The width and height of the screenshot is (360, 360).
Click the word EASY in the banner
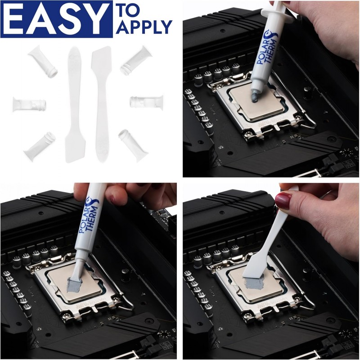[x=56, y=19]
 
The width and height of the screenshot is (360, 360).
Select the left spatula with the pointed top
[x=74, y=104]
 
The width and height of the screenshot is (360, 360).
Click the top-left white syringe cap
[x=43, y=62]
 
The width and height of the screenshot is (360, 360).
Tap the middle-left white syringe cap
[x=29, y=104]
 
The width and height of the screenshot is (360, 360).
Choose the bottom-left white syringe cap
[x=40, y=146]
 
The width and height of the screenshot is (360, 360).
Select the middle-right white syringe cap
[x=147, y=102]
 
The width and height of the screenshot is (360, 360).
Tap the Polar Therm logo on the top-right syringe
[x=268, y=48]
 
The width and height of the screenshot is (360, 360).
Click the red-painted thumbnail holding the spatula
[x=283, y=200]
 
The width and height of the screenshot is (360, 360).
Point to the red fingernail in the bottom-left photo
[x=113, y=197]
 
